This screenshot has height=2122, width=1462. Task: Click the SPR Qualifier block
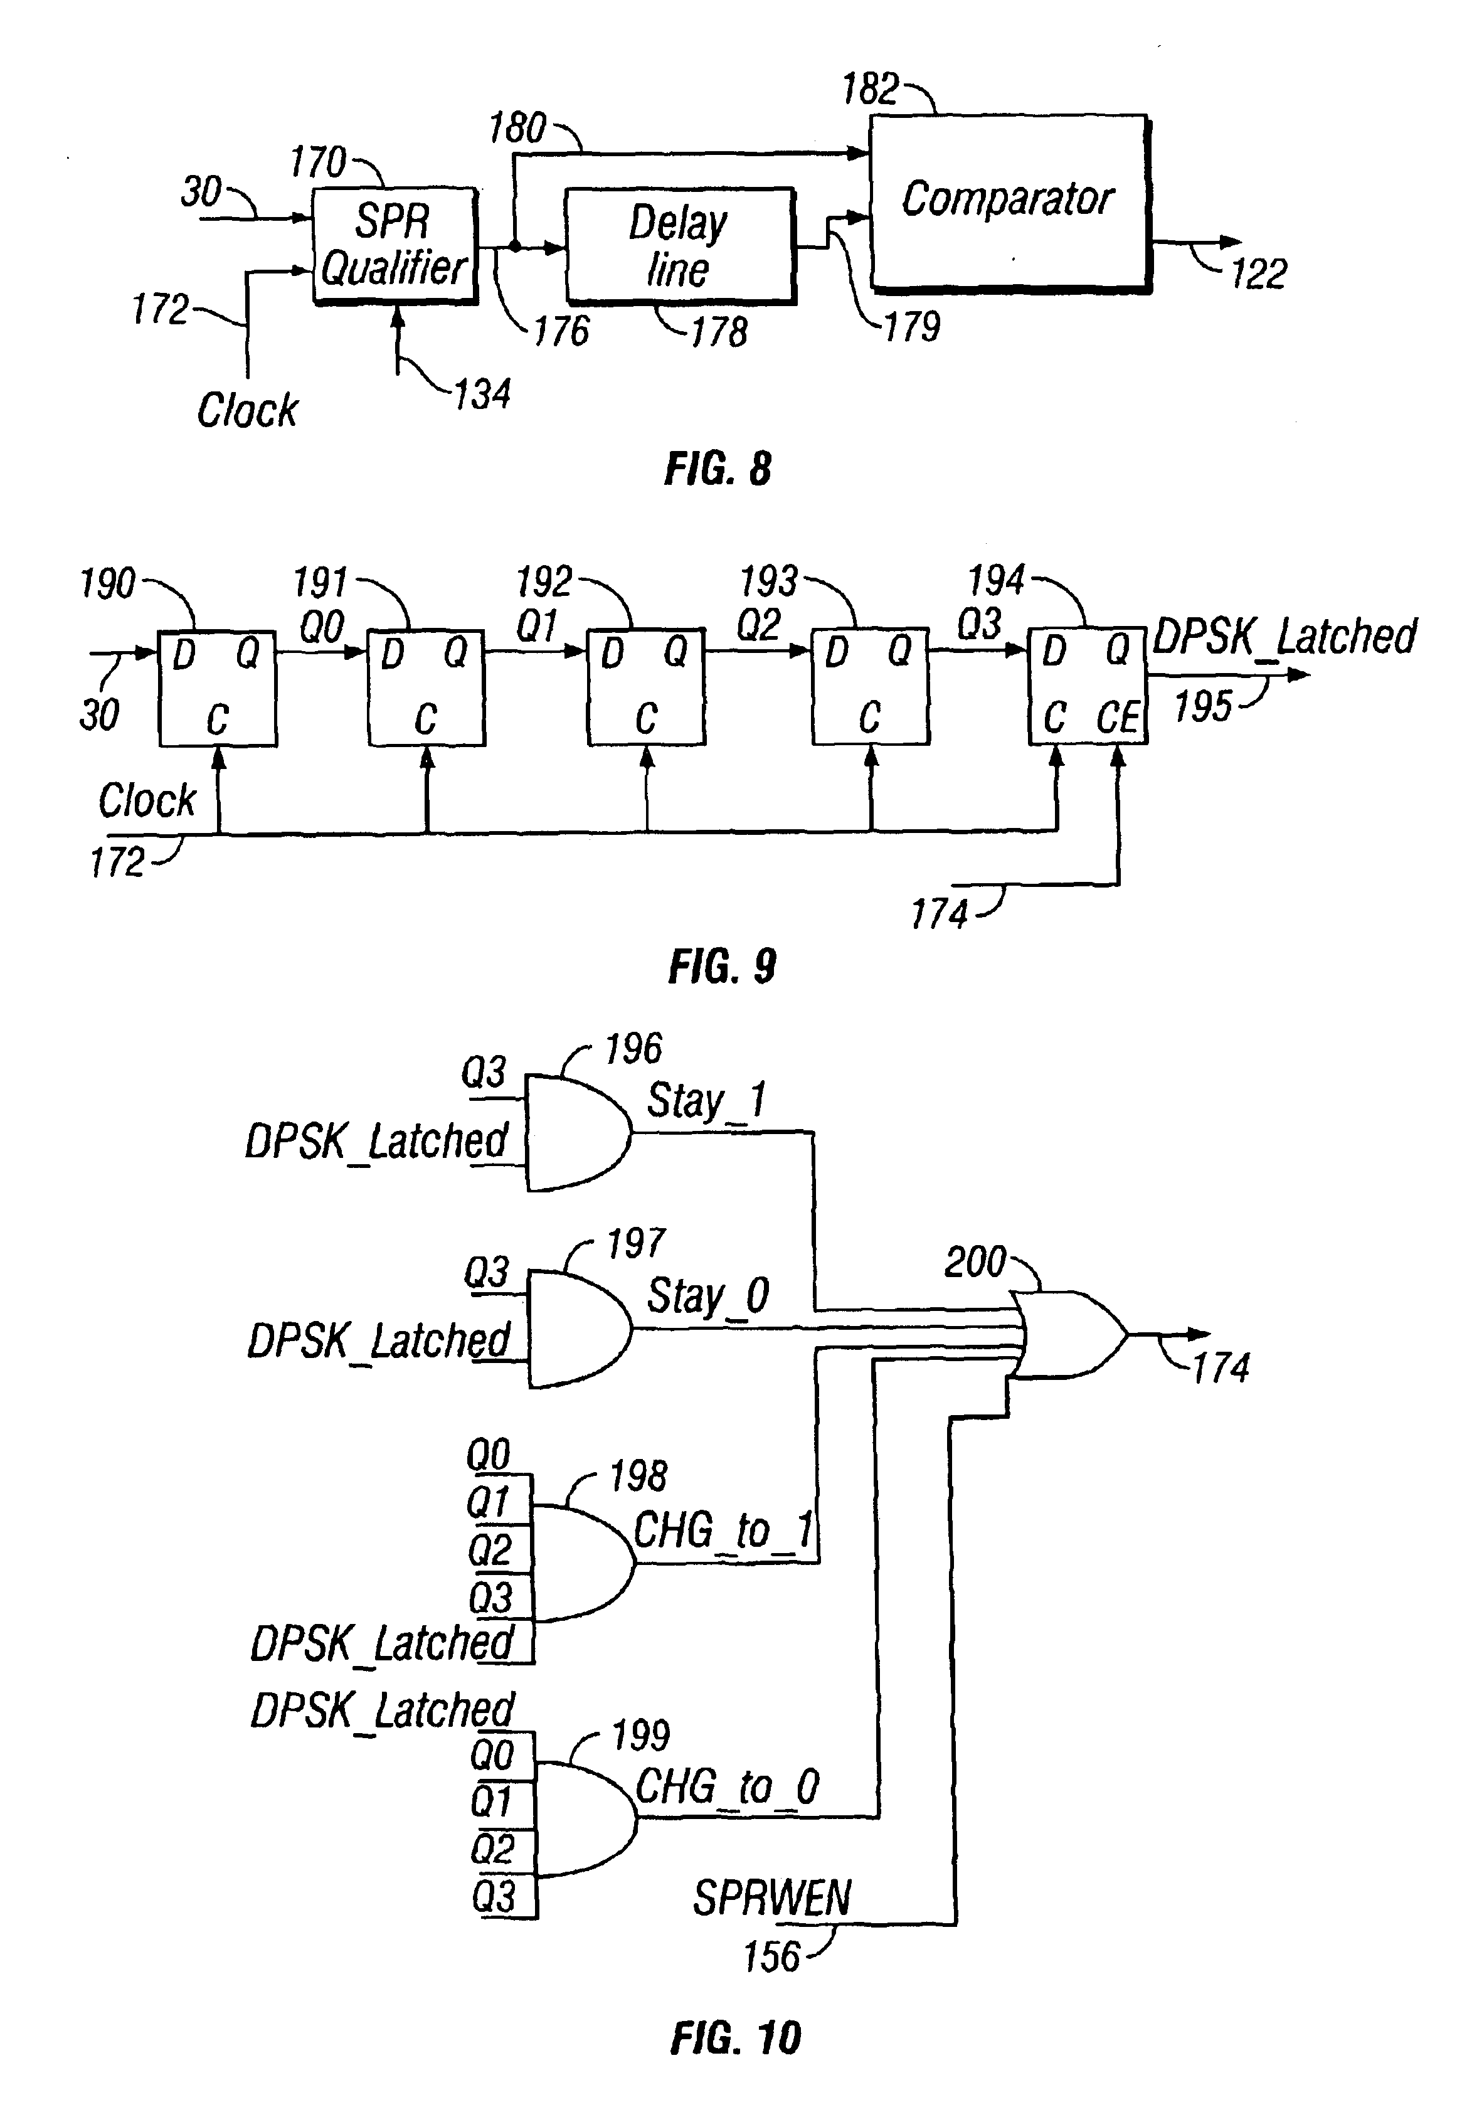395,245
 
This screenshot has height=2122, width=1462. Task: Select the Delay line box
679,245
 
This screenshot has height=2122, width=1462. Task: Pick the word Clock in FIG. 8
247,410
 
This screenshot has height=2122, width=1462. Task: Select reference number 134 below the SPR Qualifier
482,394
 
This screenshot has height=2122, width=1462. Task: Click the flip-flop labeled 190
217,688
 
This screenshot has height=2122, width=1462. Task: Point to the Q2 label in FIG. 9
758,625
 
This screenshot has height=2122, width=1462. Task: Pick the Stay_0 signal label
707,1297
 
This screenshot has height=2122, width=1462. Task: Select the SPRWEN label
772,1897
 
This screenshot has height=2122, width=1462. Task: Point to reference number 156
771,1957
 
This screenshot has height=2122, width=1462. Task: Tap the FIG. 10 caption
736,2039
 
